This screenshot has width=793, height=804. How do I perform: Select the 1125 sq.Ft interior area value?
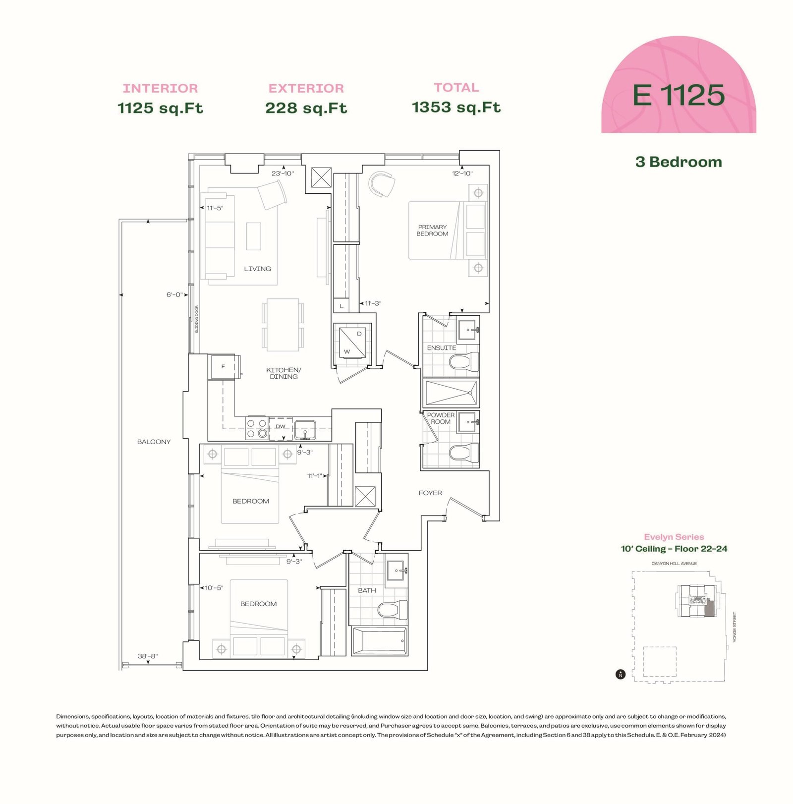[x=160, y=108]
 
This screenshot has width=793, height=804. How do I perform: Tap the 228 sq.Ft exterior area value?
[x=306, y=108]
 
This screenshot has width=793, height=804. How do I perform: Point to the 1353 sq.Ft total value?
[x=456, y=107]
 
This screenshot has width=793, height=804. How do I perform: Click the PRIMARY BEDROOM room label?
[x=432, y=230]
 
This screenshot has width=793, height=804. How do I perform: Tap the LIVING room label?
[x=257, y=269]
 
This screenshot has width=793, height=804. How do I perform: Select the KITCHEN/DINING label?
[x=283, y=373]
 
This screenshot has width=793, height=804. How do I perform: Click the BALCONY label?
[x=154, y=442]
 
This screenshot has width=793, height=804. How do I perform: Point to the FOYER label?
[x=430, y=493]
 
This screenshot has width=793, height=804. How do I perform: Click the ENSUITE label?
[x=442, y=348]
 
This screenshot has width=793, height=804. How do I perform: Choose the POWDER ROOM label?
[x=441, y=418]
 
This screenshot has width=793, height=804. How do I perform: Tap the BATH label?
[x=367, y=590]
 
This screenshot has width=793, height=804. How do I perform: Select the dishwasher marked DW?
[x=281, y=427]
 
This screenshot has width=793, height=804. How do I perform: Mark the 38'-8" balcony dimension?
[x=148, y=656]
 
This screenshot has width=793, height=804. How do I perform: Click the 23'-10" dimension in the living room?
[x=283, y=173]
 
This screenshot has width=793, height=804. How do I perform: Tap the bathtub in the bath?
[x=379, y=641]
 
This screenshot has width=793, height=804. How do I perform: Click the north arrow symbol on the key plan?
[x=620, y=674]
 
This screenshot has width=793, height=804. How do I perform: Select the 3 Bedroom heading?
[x=679, y=162]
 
